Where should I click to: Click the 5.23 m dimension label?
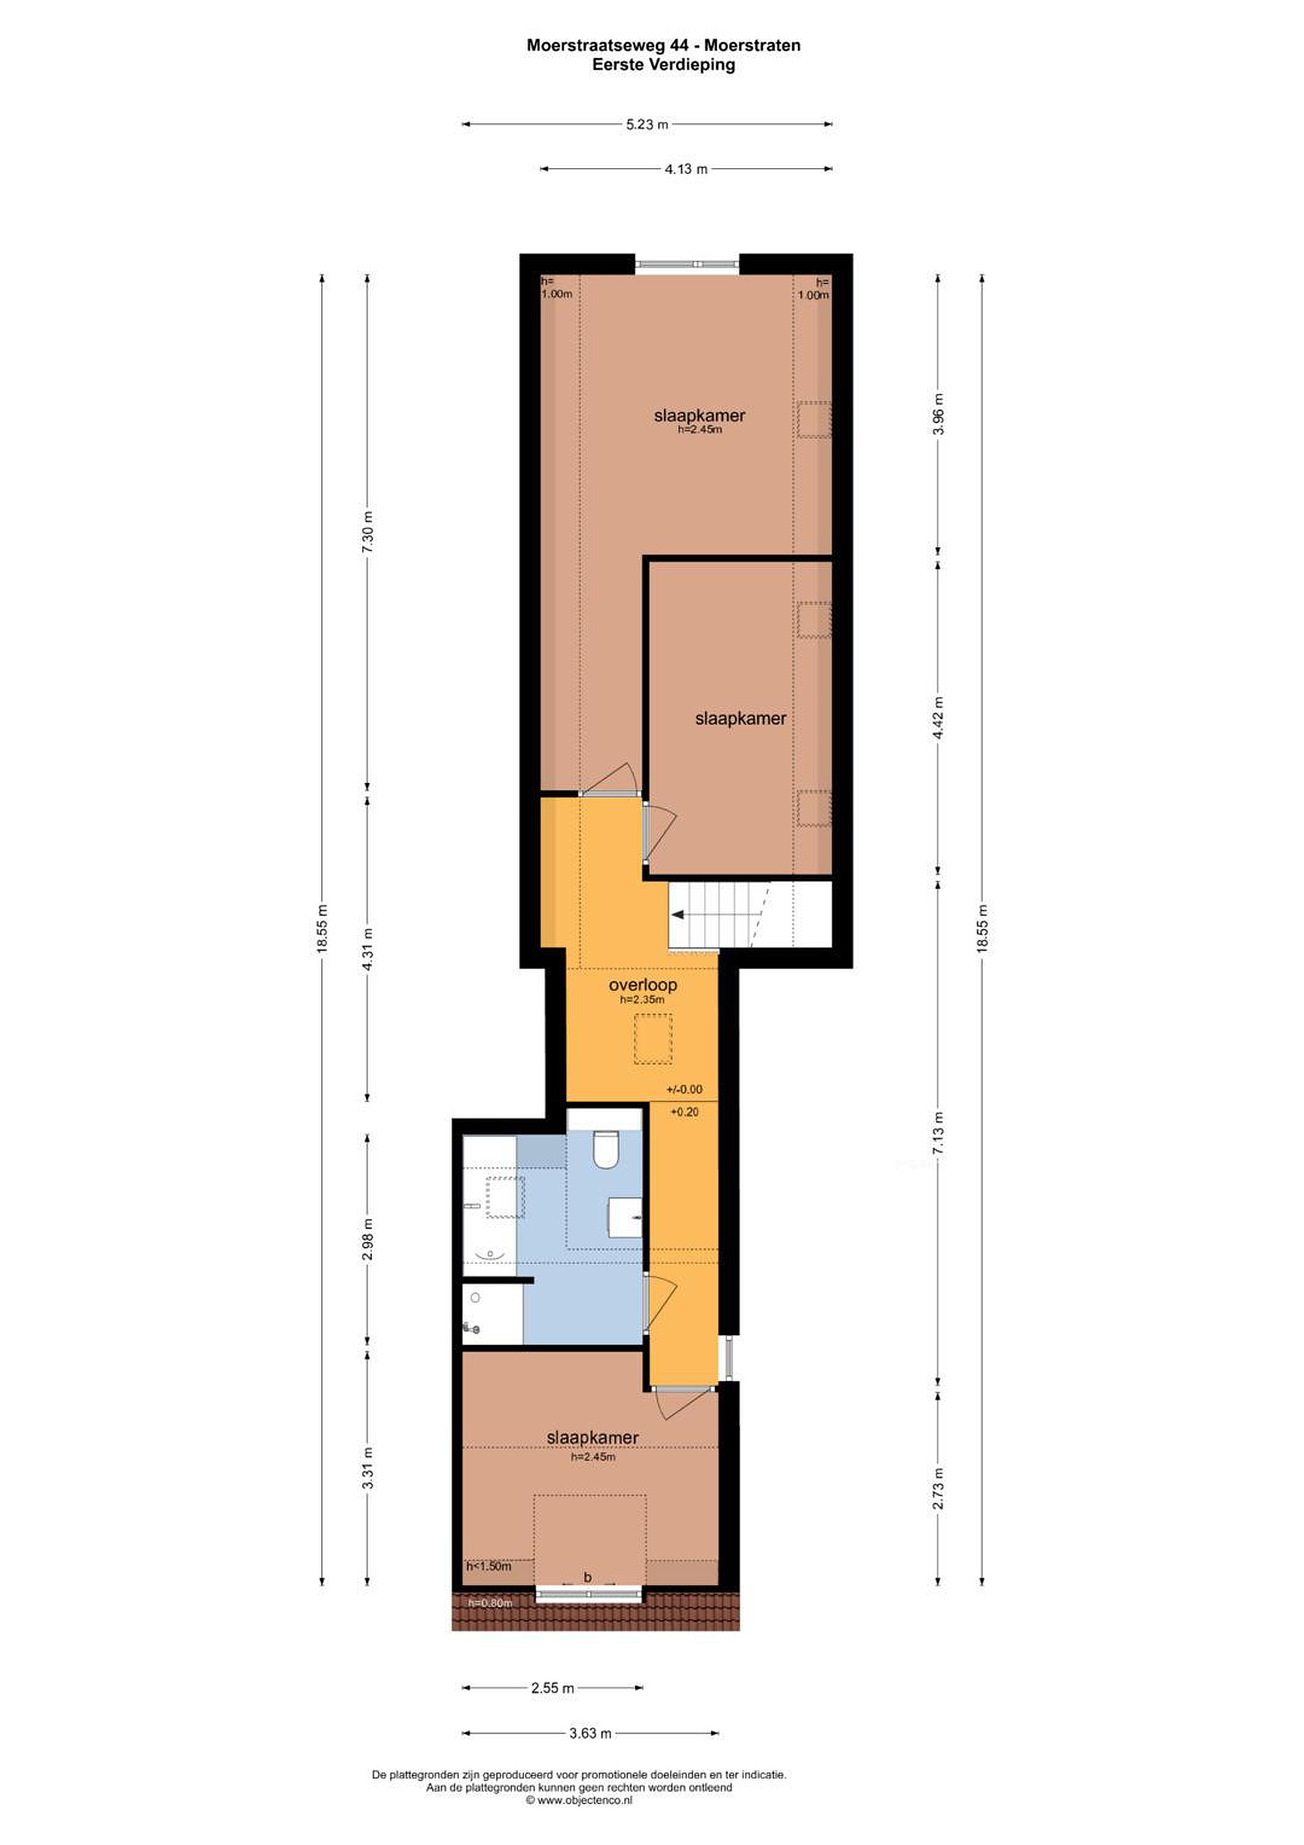[x=647, y=124]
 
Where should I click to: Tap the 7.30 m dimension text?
[x=368, y=532]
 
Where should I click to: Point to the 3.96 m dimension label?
[x=938, y=414]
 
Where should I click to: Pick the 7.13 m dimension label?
[x=938, y=1133]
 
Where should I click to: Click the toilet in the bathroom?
[x=605, y=1150]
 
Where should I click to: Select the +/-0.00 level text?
[x=684, y=1090]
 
